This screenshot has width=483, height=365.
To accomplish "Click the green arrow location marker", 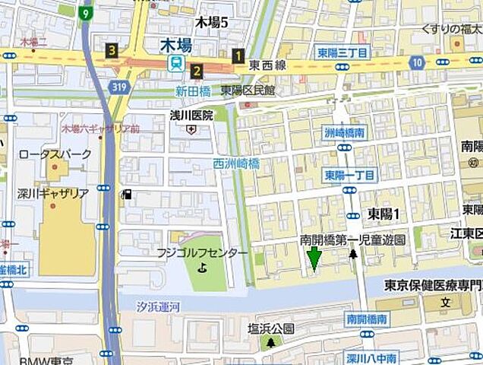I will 313,259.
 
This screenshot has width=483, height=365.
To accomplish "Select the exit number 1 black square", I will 238,55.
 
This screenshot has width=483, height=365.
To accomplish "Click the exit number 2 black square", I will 197,71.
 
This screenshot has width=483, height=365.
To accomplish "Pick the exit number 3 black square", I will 112,51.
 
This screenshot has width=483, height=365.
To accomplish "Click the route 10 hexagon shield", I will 417,61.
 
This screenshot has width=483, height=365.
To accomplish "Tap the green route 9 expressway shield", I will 87,13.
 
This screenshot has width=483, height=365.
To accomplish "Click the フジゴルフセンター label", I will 202,252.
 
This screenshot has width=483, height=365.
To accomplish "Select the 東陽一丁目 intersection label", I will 349,175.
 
